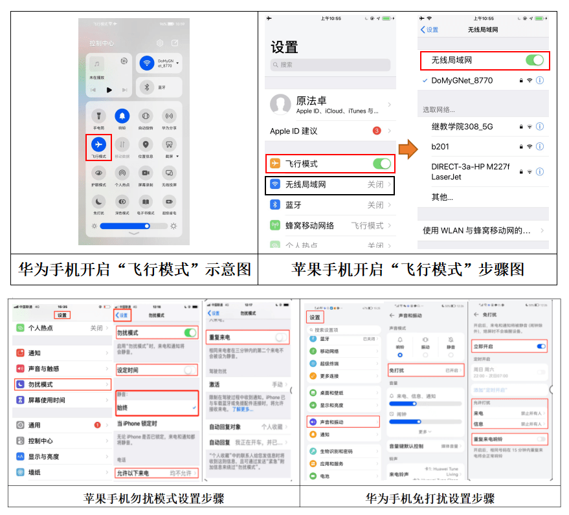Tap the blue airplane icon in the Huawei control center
[98, 144]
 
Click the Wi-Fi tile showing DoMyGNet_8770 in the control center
[159, 63]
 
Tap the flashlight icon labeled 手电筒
[98, 116]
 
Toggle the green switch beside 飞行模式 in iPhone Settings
[381, 164]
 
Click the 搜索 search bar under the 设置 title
[330, 65]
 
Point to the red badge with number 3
[377, 131]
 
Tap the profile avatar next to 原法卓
[280, 105]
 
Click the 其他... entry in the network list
[442, 197]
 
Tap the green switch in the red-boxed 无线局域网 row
[534, 60]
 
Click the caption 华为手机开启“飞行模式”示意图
[135, 269]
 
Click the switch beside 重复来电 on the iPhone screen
[280, 337]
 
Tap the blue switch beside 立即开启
[541, 347]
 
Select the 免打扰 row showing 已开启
[425, 371]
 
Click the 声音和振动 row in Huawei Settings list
[343, 422]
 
